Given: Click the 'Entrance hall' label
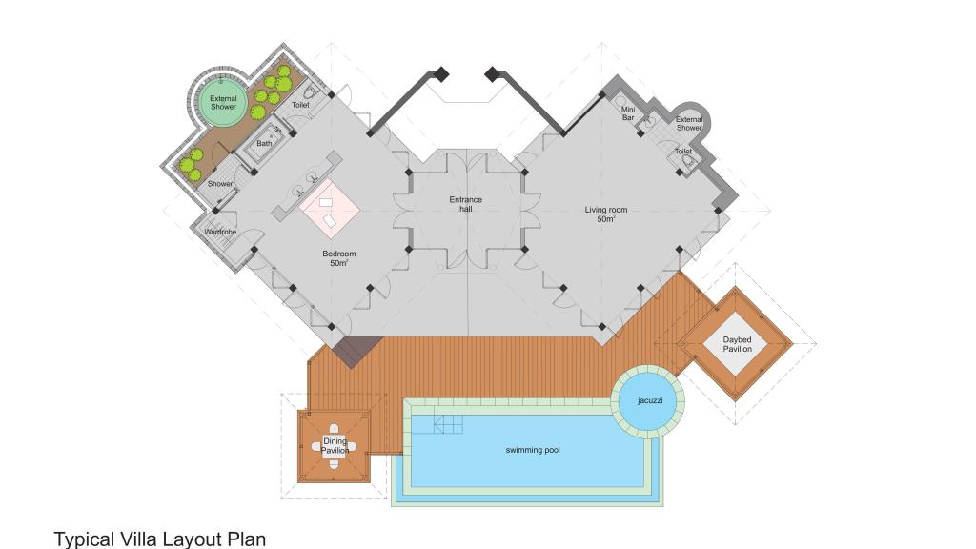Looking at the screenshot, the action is click(465, 204).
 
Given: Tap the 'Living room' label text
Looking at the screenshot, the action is click(605, 210).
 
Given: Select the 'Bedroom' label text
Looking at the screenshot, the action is click(339, 254).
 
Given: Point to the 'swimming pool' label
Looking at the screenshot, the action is click(533, 450).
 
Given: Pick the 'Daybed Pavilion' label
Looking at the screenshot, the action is click(737, 344).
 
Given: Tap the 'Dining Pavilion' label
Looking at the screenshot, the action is click(335, 446).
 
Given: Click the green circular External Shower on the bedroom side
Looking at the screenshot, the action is click(223, 103).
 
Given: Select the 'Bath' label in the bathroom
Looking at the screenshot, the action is click(265, 143).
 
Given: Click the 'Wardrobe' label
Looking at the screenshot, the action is click(220, 233).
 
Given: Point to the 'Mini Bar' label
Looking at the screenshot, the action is click(628, 113).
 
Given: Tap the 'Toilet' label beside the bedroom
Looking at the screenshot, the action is click(300, 105).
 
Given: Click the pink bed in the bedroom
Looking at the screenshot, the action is click(330, 209).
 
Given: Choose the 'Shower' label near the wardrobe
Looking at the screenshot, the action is click(220, 184).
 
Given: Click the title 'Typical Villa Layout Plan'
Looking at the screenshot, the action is click(160, 539).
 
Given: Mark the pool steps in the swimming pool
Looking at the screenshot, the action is click(448, 424).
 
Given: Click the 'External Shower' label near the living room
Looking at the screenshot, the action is click(689, 123).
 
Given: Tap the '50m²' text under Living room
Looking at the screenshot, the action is click(606, 220).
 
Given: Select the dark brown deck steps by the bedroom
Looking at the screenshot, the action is click(356, 351).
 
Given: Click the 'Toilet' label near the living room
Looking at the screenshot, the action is click(683, 152).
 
